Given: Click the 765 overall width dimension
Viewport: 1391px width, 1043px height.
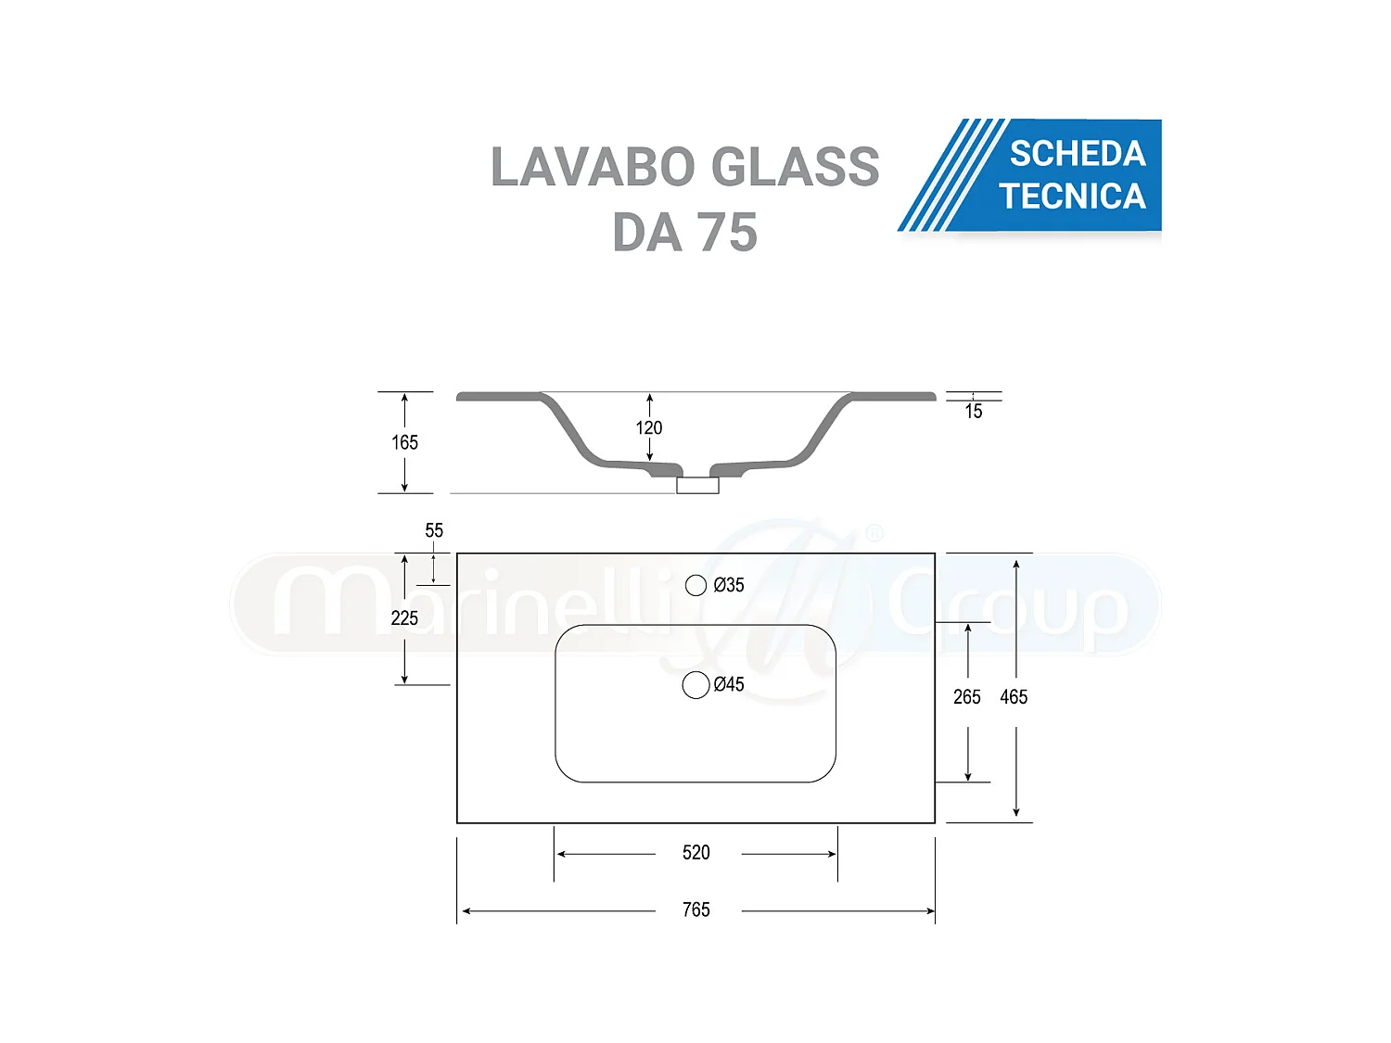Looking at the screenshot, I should [695, 909].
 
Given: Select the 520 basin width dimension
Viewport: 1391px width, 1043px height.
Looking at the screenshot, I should [695, 852].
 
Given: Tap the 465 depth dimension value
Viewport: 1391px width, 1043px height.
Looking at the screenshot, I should [1014, 697].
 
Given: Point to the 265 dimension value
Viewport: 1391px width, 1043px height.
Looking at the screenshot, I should [966, 697].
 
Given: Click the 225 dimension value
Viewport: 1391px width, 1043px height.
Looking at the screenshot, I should [404, 618].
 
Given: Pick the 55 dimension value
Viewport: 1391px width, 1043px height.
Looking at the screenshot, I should [434, 530].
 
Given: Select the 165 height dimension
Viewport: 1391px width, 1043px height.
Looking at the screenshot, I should [404, 442].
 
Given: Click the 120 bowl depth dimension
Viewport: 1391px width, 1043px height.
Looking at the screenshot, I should [649, 427].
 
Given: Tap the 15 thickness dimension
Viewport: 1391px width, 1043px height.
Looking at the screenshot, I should [974, 412].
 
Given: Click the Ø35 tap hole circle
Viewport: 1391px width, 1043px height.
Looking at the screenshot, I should [695, 585].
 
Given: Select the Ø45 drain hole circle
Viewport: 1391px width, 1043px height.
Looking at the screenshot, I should [695, 685].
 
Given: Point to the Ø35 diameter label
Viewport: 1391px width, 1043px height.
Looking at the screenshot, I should [729, 585].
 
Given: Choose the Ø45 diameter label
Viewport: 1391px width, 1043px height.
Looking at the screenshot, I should [729, 684].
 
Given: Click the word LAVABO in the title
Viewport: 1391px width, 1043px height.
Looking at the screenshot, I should [593, 167].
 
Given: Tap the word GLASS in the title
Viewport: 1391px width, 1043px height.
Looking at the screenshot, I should [798, 167].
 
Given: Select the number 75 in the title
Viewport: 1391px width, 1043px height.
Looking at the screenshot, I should [728, 233].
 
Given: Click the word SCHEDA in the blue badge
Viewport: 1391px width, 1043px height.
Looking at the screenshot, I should [1078, 154].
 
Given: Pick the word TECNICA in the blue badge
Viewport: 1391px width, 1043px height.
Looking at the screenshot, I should [1072, 197].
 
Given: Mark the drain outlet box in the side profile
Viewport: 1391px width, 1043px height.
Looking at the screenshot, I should [697, 485].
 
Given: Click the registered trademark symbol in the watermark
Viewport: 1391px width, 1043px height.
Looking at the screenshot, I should [874, 533].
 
